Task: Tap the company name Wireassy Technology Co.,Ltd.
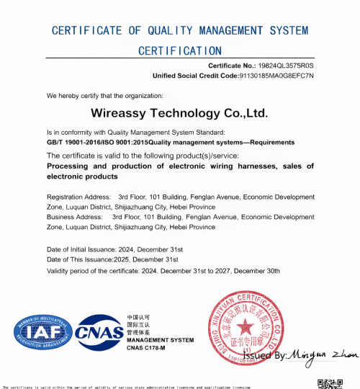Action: click(180, 113)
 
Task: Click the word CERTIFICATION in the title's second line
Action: click(180, 50)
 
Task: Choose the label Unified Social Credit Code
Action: click(195, 76)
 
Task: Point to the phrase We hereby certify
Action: click(73, 95)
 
